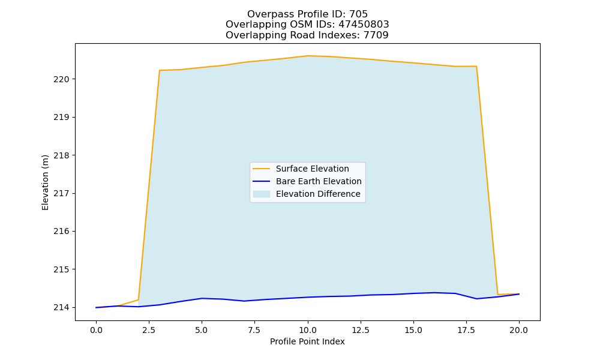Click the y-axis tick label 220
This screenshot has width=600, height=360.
coord(61,80)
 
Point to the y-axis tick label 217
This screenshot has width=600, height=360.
coord(61,194)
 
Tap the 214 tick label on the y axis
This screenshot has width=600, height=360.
coord(61,308)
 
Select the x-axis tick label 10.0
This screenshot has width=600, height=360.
coord(308,330)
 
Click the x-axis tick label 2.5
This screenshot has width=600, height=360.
coord(149,330)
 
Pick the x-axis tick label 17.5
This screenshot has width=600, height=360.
coord(466,330)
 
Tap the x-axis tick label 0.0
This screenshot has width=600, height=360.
coord(96,330)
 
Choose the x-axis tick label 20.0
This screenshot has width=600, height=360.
coord(519,330)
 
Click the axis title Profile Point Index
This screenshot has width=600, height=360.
coord(307,341)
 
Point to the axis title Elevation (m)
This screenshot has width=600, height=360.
coord(45,182)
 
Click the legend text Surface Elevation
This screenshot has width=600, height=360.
coord(312,169)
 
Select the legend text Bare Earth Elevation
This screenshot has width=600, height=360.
coord(319,181)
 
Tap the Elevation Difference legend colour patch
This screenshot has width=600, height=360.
coord(262,194)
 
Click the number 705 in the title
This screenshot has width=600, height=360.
coord(359,14)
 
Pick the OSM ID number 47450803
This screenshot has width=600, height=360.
coord(364,25)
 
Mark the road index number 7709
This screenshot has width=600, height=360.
coord(376,35)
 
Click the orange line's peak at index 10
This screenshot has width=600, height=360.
coord(308,56)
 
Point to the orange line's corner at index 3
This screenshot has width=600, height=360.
coord(159,70)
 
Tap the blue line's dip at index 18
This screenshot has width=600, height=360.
coord(476,299)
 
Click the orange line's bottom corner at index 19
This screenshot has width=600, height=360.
coord(497,294)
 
